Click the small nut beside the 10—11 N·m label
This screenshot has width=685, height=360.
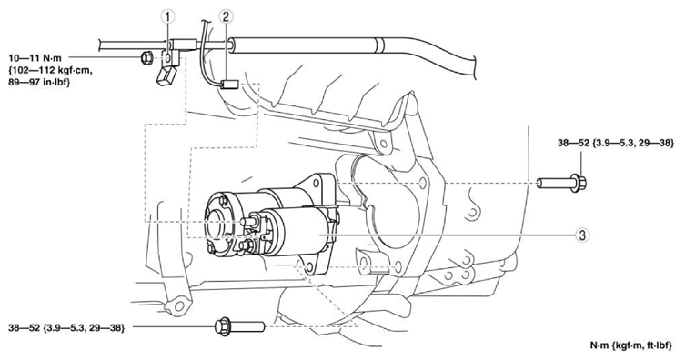point(147,58)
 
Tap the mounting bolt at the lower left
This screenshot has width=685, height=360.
point(236,325)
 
